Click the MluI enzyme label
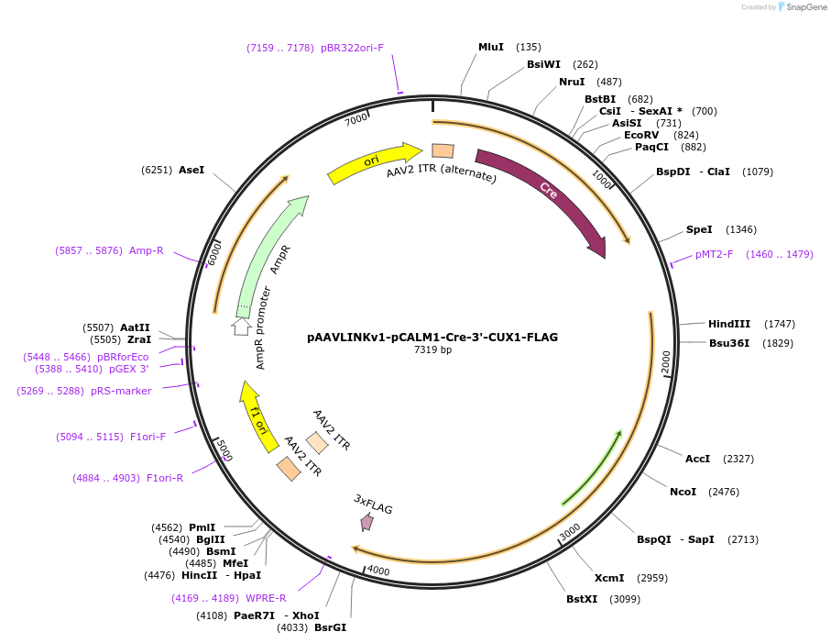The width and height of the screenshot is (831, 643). click(490, 47)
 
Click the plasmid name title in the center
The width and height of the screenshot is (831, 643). click(432, 337)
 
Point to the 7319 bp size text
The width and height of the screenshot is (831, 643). click(432, 349)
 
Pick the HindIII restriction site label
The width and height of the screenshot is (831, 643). click(728, 324)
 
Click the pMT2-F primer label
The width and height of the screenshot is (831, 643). click(714, 254)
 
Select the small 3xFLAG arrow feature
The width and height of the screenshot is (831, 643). click(367, 521)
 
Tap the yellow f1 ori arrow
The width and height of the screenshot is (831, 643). click(257, 419)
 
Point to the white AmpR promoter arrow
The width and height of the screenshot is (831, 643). click(241, 326)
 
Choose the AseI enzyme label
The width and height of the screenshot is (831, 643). click(191, 170)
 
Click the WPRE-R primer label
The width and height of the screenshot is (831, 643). click(266, 598)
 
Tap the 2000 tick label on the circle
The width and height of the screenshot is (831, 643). click(666, 362)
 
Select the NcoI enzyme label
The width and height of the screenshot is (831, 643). click(683, 492)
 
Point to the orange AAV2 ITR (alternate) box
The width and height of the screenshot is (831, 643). click(443, 150)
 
